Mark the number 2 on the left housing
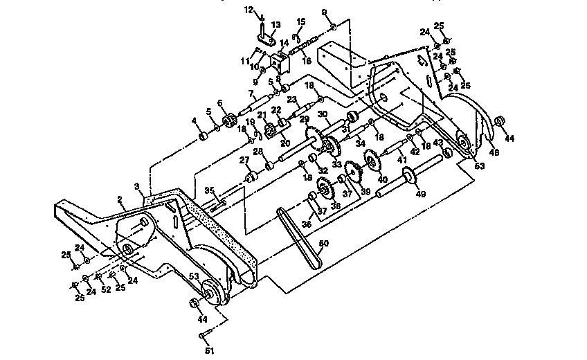point(120,199)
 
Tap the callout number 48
point(495,152)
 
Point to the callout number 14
point(284,43)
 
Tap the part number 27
point(243,161)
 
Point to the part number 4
point(195,121)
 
